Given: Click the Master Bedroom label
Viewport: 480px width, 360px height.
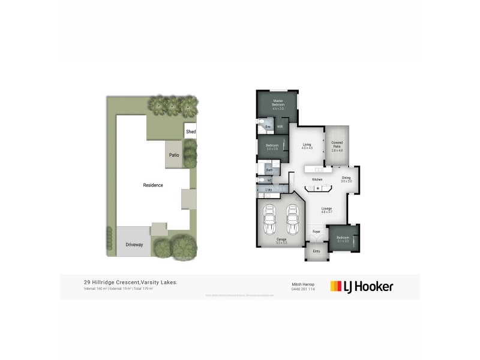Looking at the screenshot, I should point(278,103).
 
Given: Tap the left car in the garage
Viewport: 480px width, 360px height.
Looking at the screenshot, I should point(270,220).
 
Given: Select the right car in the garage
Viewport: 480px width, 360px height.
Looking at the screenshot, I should point(292,220).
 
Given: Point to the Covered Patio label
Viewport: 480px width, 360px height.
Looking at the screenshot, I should point(337,144).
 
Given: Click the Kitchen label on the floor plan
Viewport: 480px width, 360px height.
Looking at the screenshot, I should point(317,179).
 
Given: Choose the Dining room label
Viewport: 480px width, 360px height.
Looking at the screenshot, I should point(346,178).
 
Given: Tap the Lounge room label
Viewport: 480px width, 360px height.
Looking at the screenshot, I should point(326,209).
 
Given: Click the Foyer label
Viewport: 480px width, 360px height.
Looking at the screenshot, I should point(317,231).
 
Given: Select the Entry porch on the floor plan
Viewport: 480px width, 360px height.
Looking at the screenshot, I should point(316,251).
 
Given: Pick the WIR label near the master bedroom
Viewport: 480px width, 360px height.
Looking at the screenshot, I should point(280,127).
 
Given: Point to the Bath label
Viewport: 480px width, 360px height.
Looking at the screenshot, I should point(269,170).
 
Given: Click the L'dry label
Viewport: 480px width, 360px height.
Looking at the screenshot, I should point(269,190).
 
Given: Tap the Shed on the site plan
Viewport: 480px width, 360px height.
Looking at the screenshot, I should point(191,131).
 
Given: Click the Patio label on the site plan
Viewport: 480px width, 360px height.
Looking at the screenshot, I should point(174,155).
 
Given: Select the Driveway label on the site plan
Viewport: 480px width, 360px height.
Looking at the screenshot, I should point(134,245).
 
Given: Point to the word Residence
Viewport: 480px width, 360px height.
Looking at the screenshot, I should point(152,185).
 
